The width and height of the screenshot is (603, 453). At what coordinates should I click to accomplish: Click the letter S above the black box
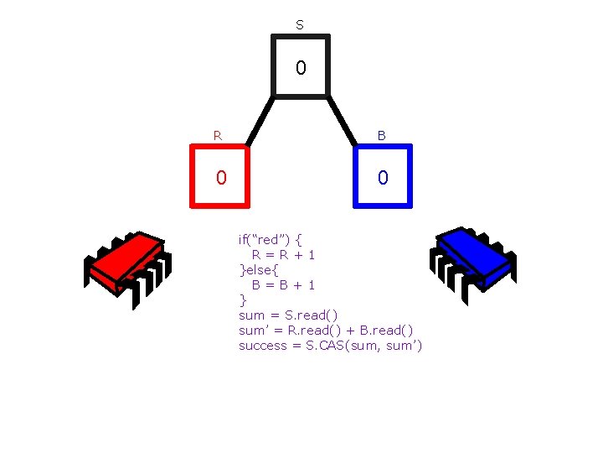tap(300, 25)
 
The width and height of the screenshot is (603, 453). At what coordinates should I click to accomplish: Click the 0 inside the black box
tap(301, 67)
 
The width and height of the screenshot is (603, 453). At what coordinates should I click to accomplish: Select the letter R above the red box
tap(218, 134)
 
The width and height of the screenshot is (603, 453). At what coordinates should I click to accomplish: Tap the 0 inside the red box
tap(220, 177)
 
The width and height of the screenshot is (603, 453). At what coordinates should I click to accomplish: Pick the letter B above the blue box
tap(382, 134)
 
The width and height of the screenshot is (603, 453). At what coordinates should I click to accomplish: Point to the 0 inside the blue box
tap(383, 177)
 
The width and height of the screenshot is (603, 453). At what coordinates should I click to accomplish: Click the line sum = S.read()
tap(288, 315)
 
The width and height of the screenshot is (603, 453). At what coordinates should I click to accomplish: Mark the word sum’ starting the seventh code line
tap(254, 330)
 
